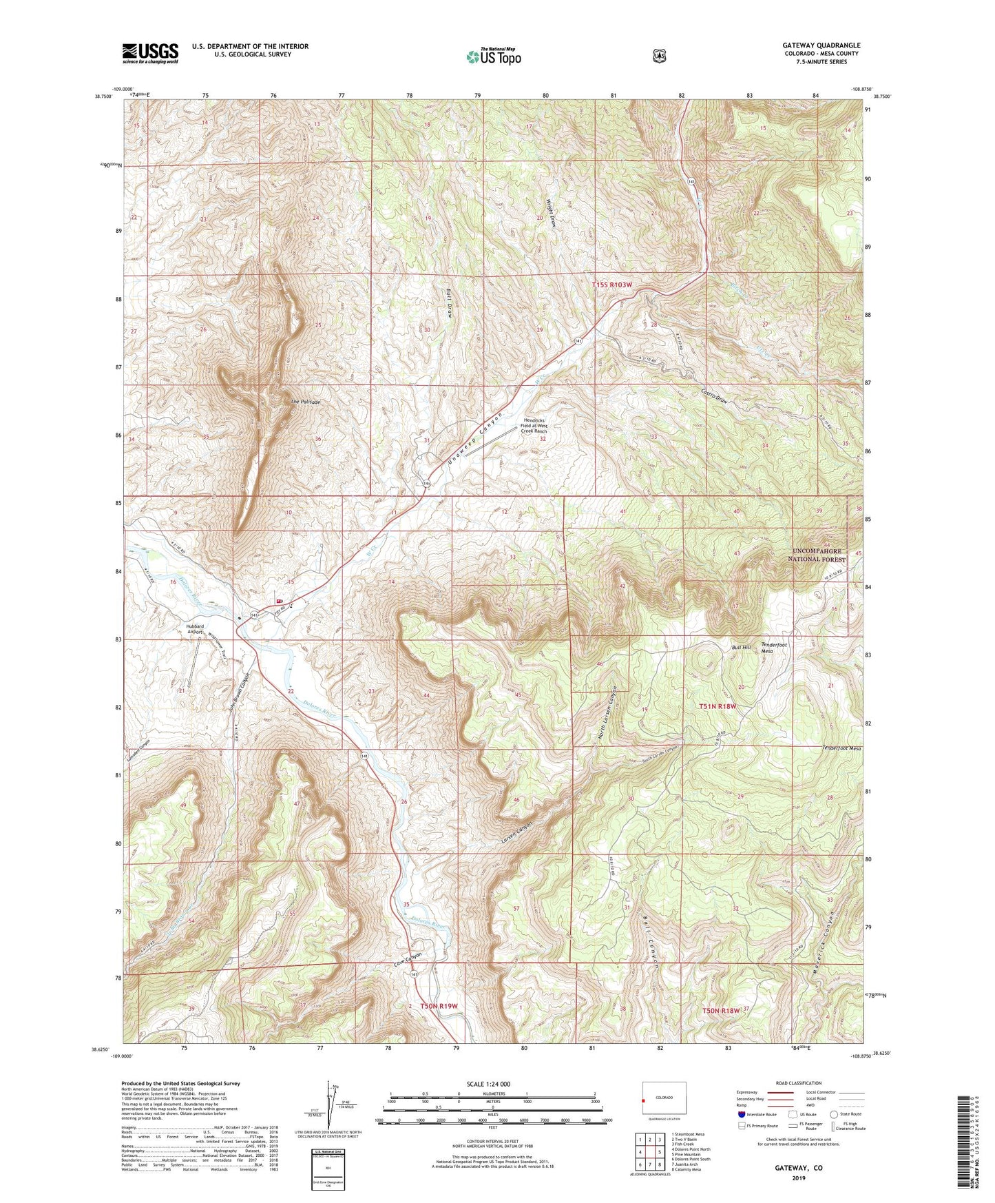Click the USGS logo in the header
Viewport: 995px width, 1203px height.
pyautogui.click(x=150, y=53)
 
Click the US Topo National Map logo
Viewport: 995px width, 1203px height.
pyautogui.click(x=492, y=56)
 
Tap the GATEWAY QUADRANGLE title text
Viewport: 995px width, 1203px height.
pyautogui.click(x=821, y=45)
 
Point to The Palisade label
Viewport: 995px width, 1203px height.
pyautogui.click(x=305, y=401)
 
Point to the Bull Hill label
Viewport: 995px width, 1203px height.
pyautogui.click(x=741, y=648)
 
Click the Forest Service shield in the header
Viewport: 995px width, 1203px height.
pyautogui.click(x=660, y=56)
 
